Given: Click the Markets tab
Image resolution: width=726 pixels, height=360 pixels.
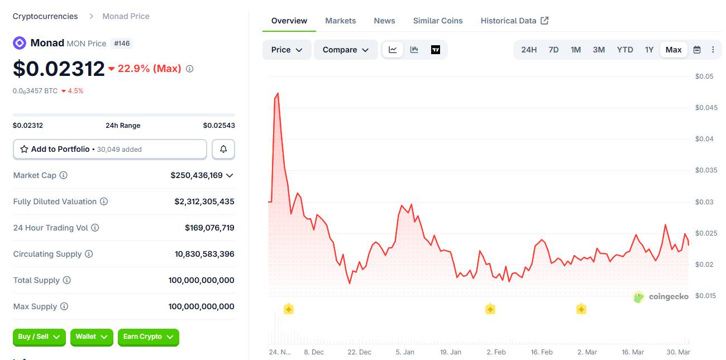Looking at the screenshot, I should coord(340,21).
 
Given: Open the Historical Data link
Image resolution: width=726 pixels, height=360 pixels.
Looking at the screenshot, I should coord(514,21).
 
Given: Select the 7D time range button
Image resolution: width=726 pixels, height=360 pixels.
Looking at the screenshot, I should coord(553,50).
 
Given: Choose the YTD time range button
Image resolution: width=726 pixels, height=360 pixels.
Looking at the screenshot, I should coord(625,50).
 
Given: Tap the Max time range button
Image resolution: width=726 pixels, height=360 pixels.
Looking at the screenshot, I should coord(674,50).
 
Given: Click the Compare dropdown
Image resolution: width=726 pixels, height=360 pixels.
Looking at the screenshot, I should coord(346,50).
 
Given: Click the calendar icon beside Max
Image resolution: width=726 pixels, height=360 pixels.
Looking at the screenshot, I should coord(697,50).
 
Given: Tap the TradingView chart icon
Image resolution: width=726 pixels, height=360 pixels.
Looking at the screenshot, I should coord(436,50).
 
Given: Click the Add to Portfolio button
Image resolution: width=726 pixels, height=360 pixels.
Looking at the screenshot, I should coord(110,149).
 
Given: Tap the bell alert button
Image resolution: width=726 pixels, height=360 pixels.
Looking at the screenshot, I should coord(223,149).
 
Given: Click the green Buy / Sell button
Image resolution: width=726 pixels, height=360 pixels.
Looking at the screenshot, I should coord(39,337).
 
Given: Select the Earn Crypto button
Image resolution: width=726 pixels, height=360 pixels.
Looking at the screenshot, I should coord(148,337).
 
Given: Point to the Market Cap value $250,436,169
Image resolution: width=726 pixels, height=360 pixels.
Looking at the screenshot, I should coord(197,175).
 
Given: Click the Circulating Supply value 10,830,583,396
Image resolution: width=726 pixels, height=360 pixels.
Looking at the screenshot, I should coord(204,254).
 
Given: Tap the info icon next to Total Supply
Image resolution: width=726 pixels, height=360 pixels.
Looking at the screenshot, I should coord(67,280).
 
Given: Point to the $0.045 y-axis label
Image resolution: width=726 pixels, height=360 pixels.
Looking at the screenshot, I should coord(706,108).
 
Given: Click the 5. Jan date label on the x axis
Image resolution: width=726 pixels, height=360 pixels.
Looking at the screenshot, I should coord(405,352).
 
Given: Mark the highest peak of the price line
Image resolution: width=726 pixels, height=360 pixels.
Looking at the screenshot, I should coord(278,93).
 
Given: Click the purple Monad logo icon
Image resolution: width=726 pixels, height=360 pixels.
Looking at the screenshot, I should coord(20,43).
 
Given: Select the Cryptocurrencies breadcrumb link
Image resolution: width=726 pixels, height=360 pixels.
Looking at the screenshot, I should coord(45,16).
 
